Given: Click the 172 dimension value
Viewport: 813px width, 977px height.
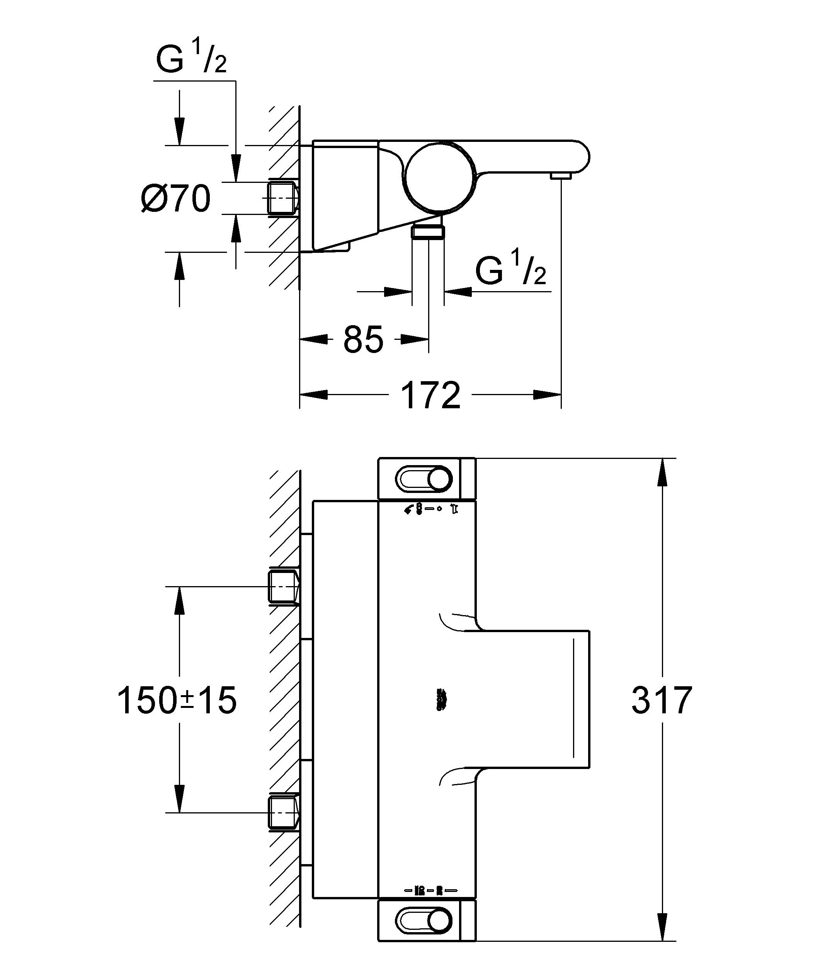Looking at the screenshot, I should tap(430, 396).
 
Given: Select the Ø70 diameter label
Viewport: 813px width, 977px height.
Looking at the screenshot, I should tap(176, 199).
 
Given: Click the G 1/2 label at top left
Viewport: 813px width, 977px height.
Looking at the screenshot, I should tap(191, 59).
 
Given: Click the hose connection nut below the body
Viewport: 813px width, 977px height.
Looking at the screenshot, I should tap(428, 231).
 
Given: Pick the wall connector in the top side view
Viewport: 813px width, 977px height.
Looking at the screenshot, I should tap(283, 198).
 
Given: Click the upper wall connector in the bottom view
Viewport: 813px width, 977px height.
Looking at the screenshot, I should tap(283, 586).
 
